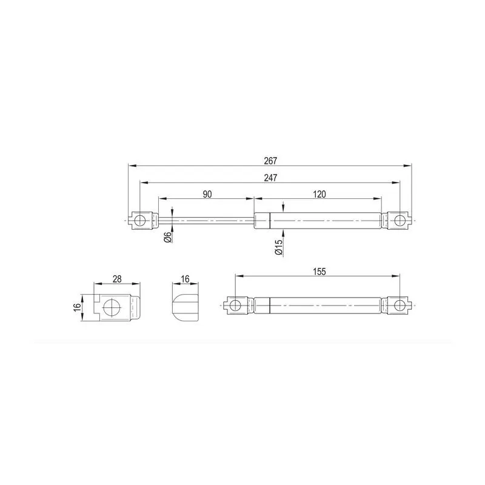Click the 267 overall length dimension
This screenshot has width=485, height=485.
coord(270,161)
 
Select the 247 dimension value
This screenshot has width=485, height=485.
coord(270,178)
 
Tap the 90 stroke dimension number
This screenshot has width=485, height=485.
coord(207,194)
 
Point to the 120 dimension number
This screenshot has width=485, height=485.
coord(319,194)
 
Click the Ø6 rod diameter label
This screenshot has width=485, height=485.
coord(168,237)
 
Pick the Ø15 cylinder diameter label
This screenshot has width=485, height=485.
coord(279,247)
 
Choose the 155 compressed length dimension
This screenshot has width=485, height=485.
coord(319,272)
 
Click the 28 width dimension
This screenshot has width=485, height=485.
coord(117,279)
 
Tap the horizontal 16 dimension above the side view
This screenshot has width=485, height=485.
coord(185,279)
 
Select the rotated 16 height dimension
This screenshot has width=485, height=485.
coord(77,307)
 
